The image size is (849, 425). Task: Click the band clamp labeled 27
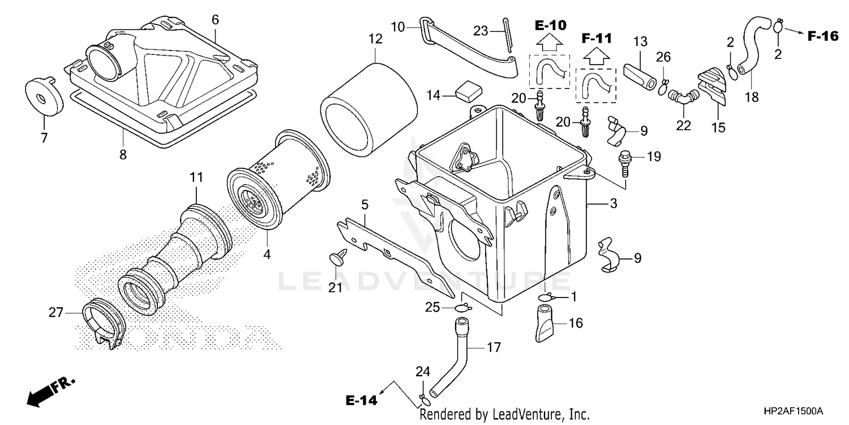pyautogui.click(x=101, y=325)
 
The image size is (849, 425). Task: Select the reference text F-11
pyautogui.click(x=596, y=39)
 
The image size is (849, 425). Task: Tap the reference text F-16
pyautogui.click(x=822, y=36)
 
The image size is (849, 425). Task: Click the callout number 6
pyautogui.click(x=215, y=20)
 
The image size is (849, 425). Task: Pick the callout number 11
pyautogui.click(x=196, y=177)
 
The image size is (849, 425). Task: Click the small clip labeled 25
pyautogui.click(x=462, y=308)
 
